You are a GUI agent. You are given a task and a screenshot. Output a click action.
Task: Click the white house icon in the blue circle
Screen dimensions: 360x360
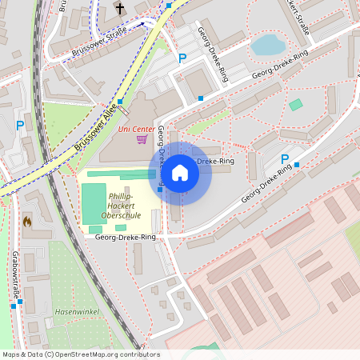180,172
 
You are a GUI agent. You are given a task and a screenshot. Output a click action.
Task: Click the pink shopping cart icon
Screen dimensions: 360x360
142,139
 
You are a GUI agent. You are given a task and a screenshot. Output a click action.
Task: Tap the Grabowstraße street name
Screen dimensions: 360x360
14,272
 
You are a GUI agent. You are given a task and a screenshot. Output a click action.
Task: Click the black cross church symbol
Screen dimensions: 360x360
120,8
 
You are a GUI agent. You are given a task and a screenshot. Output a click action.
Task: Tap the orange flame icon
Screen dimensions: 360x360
27,221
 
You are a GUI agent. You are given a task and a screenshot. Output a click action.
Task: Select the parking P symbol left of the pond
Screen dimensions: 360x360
182,58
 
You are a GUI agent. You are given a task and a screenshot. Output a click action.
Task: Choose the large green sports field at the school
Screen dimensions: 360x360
94,203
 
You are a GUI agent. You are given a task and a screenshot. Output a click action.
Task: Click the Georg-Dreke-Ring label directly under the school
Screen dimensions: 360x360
126,238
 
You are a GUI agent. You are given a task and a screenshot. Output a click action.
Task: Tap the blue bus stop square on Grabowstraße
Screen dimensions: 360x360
14,305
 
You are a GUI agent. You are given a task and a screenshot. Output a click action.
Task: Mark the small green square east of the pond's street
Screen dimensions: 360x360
296,105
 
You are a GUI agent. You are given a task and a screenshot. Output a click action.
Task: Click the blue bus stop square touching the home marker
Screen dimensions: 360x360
161,189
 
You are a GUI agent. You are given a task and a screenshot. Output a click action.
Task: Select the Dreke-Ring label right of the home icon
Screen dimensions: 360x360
215,161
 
